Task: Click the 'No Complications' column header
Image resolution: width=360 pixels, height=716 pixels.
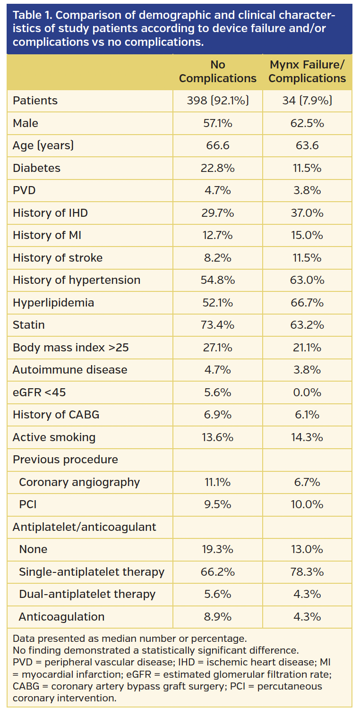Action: [x=217, y=72]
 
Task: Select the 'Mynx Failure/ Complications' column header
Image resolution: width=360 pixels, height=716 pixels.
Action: [x=307, y=72]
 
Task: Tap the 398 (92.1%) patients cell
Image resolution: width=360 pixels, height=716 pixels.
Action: [x=217, y=101]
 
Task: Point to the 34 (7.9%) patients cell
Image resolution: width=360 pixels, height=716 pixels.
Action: [x=307, y=101]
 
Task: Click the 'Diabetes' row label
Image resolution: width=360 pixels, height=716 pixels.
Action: [x=36, y=168]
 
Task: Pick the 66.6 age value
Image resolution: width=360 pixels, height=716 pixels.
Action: [x=217, y=145]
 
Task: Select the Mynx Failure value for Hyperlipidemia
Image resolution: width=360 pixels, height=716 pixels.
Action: [x=307, y=303]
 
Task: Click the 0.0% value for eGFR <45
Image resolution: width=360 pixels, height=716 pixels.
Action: [x=307, y=392]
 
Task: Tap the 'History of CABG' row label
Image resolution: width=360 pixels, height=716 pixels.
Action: [x=56, y=415]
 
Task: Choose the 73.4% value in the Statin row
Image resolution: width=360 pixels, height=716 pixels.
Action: [x=217, y=325]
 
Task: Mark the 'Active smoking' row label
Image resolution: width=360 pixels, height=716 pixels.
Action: [x=54, y=437]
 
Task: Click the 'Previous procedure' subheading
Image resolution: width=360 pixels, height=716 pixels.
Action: [x=65, y=460]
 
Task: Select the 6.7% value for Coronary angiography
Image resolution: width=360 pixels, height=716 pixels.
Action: [x=307, y=482]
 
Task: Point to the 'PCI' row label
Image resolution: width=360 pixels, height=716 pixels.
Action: [x=28, y=504]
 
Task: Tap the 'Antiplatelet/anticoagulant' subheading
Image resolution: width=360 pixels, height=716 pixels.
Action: [x=84, y=527]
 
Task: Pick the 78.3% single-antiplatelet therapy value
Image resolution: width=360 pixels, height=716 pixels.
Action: [x=307, y=572]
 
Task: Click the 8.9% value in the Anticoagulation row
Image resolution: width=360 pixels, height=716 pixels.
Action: [x=217, y=617]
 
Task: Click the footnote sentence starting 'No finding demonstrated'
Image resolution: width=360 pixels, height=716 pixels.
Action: [x=155, y=650]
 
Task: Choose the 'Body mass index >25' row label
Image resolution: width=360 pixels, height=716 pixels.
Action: [x=70, y=348]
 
